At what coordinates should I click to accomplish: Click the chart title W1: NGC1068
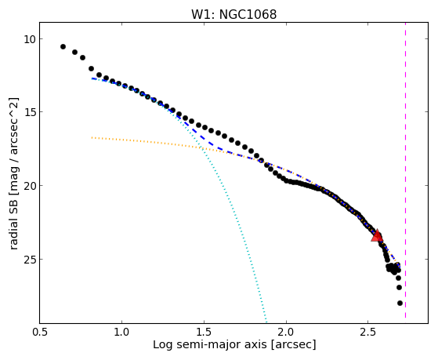click(233, 14)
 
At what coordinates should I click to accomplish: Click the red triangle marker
click(377, 235)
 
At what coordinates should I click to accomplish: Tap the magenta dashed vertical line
click(405, 170)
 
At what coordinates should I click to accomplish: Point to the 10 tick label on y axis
click(29, 39)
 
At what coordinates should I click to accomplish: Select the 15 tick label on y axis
click(29, 112)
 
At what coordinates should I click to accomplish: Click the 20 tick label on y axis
click(29, 185)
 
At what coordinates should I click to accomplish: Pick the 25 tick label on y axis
click(29, 260)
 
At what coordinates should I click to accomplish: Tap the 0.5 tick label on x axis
click(39, 332)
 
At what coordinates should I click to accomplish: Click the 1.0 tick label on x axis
click(121, 332)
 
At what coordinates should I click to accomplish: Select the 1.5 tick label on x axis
click(204, 332)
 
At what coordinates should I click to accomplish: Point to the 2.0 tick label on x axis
click(286, 332)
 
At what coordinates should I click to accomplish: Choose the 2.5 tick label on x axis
click(368, 332)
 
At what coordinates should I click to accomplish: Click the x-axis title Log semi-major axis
click(210, 344)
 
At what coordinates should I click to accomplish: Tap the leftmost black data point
click(63, 46)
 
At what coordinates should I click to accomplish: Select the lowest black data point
click(400, 303)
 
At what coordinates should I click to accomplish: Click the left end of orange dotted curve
click(92, 137)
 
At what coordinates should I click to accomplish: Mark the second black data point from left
click(75, 52)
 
